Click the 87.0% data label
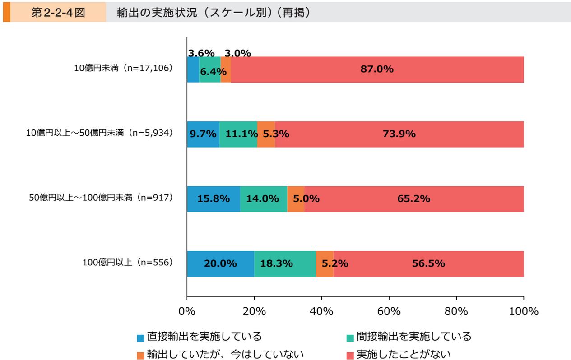377,69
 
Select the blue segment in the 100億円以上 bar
220,264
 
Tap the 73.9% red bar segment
399,134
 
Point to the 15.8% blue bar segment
213,199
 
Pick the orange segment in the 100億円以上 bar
325,264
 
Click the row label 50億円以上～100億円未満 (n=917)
101,198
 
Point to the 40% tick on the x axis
321,311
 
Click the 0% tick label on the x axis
187,311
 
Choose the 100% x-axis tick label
523,311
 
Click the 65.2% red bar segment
413,199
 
